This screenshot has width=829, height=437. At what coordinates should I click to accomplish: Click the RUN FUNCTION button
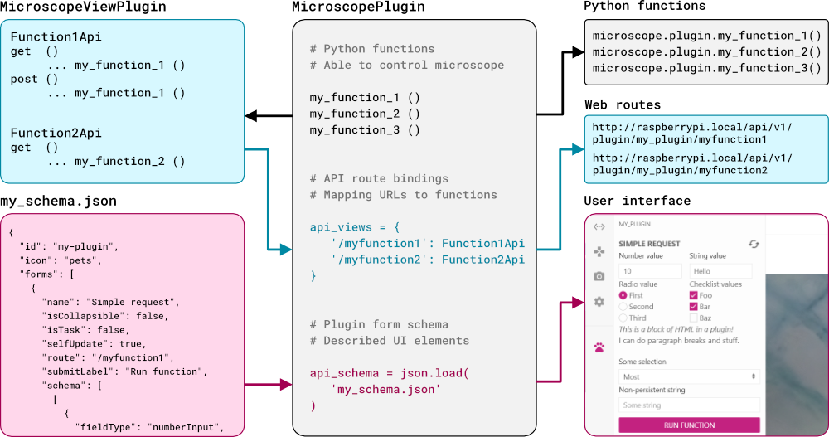[689, 425]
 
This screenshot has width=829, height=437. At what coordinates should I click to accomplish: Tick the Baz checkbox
[694, 318]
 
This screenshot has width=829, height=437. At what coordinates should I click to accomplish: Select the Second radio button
[623, 307]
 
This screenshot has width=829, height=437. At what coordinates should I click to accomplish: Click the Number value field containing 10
[650, 271]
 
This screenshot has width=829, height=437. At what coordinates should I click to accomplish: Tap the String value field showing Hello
[720, 271]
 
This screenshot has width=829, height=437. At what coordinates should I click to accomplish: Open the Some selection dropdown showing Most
[689, 376]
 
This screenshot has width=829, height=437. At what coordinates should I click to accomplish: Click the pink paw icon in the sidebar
[599, 347]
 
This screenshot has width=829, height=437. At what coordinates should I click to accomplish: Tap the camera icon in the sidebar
[599, 276]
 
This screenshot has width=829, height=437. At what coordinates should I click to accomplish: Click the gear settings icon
[599, 302]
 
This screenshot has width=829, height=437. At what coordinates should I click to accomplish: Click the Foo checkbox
[694, 295]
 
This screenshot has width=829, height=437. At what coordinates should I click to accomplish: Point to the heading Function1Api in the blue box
[56, 37]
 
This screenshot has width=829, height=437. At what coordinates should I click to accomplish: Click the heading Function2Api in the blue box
[56, 133]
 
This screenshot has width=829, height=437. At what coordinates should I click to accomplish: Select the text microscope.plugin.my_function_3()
[707, 68]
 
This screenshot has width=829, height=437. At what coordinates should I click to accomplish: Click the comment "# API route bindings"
[379, 178]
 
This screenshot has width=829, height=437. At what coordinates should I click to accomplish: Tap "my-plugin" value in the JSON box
[86, 246]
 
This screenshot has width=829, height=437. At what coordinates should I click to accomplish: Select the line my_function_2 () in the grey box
[365, 114]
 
